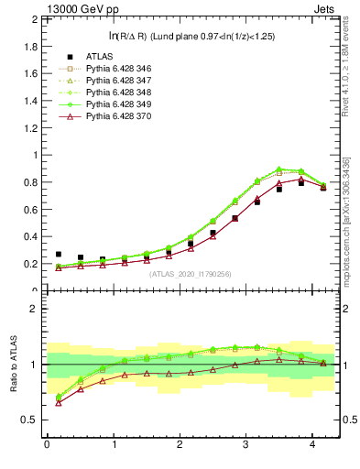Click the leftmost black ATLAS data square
coord(59,255)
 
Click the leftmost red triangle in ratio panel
coord(59,402)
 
